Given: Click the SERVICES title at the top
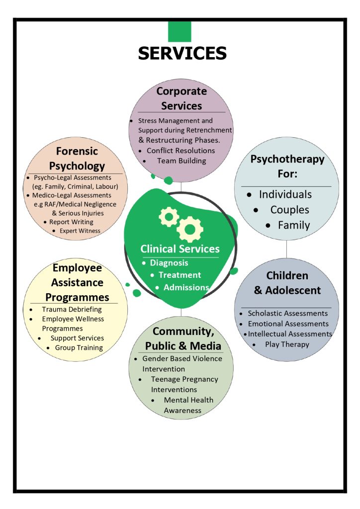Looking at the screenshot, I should [182, 53].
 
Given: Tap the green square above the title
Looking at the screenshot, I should [180, 31].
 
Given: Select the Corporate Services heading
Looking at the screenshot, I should [181, 98].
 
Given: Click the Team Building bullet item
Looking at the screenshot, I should [181, 161].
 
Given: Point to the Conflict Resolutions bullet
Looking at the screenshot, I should [180, 150].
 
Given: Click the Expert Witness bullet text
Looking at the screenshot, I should [80, 231].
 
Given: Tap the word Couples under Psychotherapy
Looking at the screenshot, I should [289, 210].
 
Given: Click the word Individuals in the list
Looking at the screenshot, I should [285, 194].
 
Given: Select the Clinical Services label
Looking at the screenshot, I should [180, 249].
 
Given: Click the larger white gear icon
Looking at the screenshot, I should [189, 229].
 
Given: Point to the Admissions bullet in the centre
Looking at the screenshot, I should [186, 287].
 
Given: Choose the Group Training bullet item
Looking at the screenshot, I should [79, 348].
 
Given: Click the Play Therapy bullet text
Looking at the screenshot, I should [287, 344].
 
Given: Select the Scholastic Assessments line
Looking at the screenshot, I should [287, 313].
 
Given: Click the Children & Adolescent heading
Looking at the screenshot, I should [287, 283].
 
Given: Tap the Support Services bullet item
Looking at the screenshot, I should [77, 338].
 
